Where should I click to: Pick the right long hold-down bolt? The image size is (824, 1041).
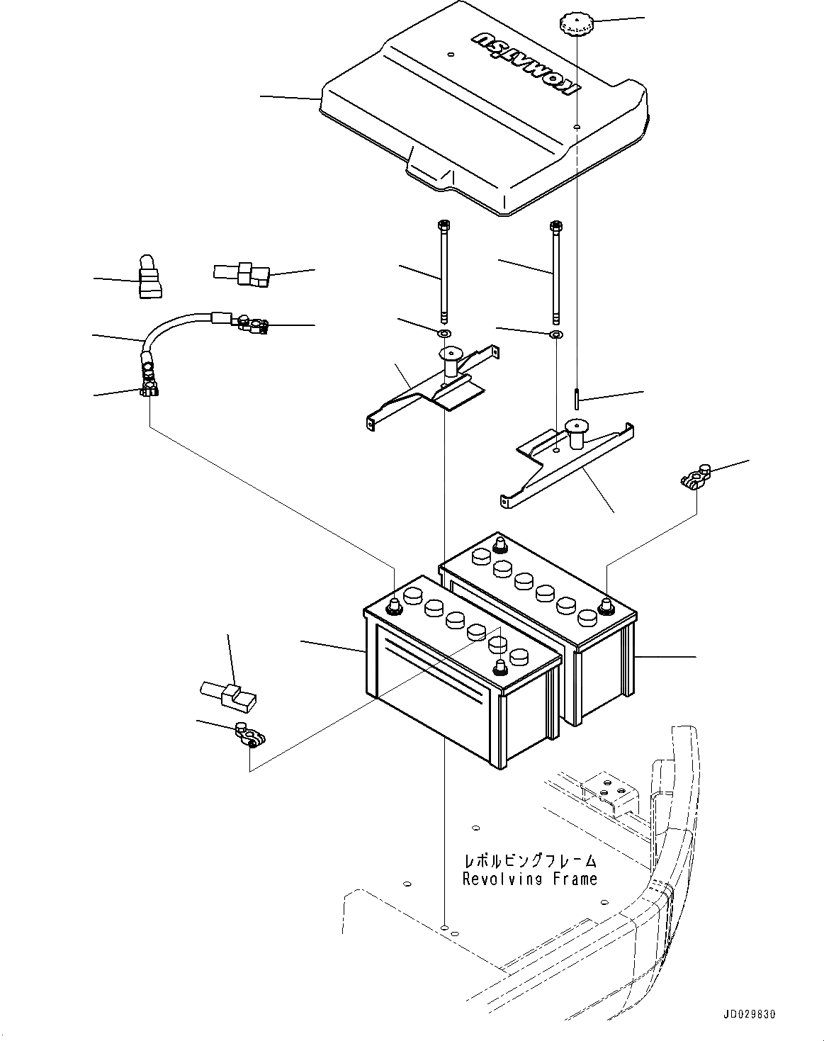555,273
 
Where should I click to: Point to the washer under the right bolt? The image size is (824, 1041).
556,334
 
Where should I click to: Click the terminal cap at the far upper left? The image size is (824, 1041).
149,278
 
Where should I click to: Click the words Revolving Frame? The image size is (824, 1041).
529,879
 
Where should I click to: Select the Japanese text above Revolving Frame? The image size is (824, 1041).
529,860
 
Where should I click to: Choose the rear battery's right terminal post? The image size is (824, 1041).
606,607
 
